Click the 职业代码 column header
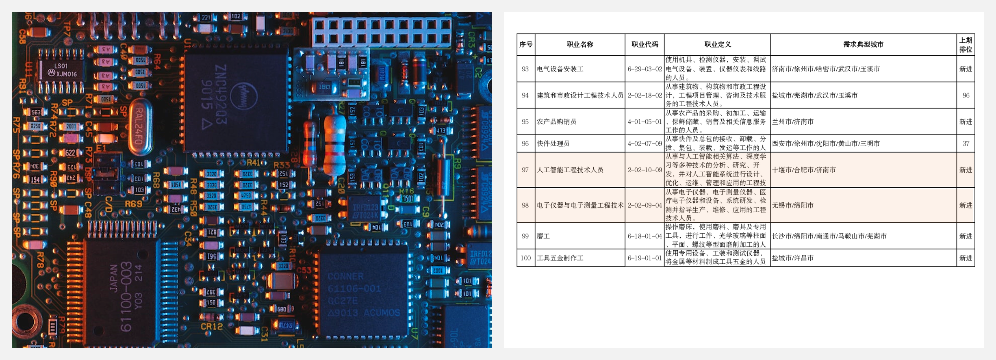point(644,44)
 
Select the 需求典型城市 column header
point(863,44)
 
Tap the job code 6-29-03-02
point(644,69)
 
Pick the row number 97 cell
point(525,170)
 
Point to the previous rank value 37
point(966,143)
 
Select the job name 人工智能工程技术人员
point(570,170)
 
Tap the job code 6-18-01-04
point(644,236)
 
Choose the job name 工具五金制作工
point(560,258)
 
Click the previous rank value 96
point(966,95)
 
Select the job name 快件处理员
point(553,143)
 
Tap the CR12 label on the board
point(212,326)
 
